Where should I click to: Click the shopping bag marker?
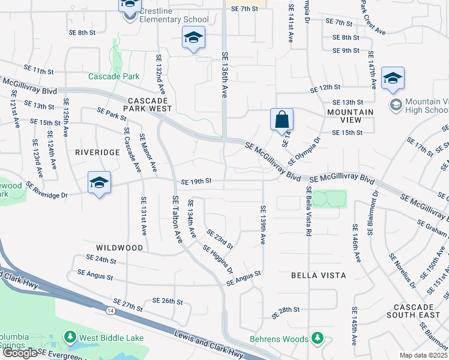click(x=282, y=119)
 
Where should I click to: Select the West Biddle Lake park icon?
click(x=71, y=338)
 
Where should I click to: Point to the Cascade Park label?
click(x=114, y=76)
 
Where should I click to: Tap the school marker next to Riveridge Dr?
click(x=99, y=182)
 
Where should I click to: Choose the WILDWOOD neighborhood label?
click(x=119, y=248)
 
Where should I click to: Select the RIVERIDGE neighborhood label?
click(x=98, y=152)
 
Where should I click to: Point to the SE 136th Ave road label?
click(x=225, y=74)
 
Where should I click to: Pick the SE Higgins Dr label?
click(x=217, y=259)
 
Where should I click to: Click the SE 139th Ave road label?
click(x=263, y=224)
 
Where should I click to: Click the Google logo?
click(x=19, y=353)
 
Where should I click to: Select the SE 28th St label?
click(x=285, y=311)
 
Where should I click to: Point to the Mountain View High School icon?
click(x=396, y=106)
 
